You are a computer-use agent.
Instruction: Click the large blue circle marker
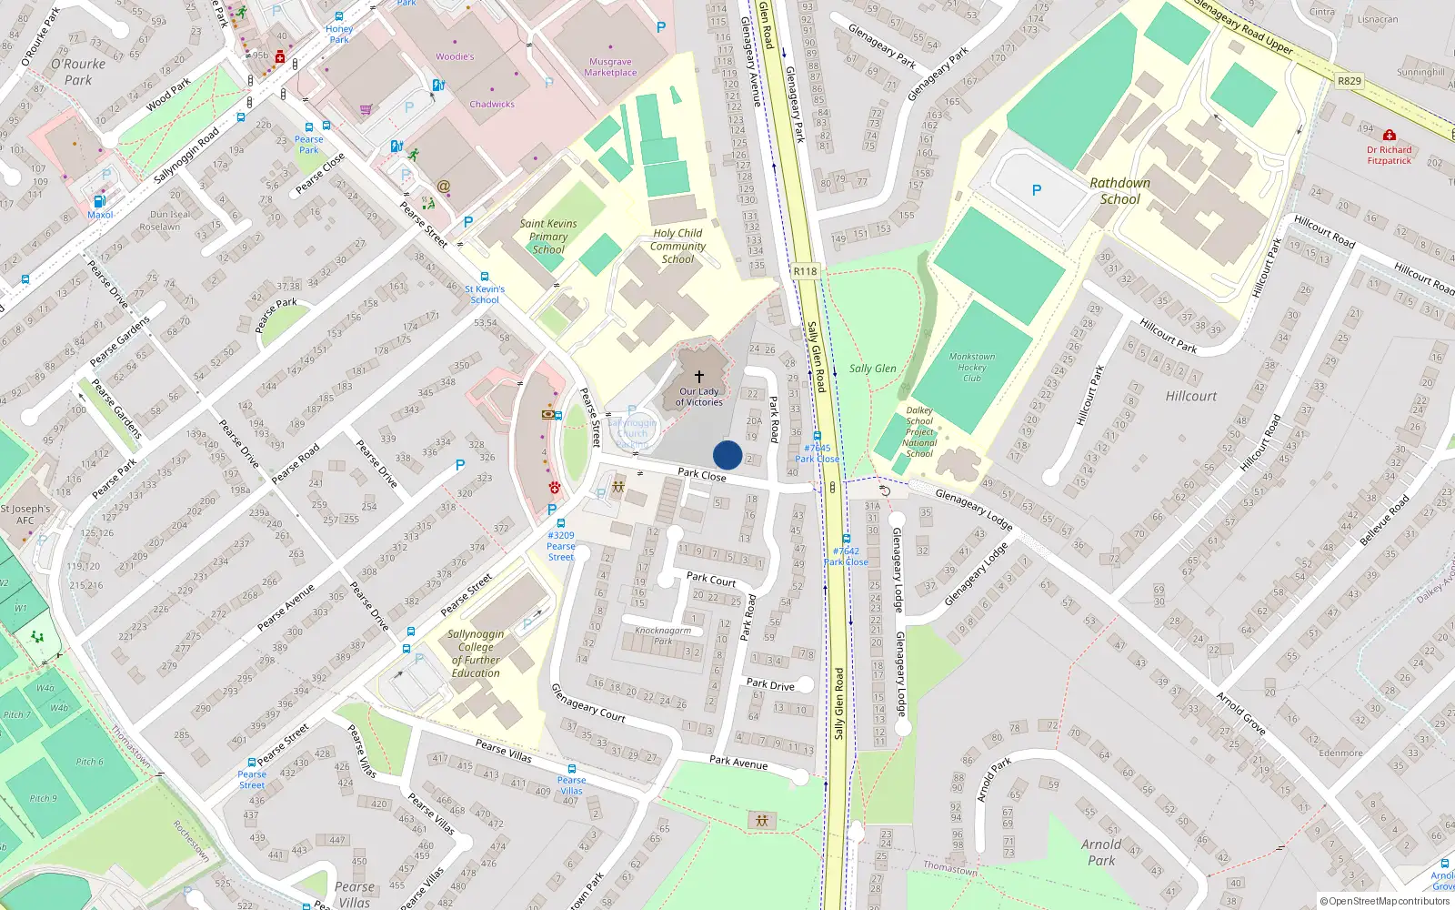(x=727, y=455)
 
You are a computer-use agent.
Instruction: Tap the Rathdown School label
(x=1119, y=191)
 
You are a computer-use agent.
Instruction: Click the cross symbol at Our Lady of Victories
(x=699, y=376)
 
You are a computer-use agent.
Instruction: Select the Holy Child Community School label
(x=677, y=246)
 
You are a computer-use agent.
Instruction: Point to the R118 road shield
(x=805, y=271)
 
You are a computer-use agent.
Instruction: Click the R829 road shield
(x=1350, y=81)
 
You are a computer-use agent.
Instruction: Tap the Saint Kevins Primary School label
(x=548, y=237)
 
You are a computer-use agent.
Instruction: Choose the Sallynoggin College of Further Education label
(x=476, y=653)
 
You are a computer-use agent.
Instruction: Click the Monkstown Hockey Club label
(x=971, y=368)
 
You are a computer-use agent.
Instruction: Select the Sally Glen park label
(x=872, y=369)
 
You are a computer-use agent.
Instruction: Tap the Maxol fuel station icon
(x=100, y=201)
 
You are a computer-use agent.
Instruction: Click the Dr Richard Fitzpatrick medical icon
(x=1389, y=136)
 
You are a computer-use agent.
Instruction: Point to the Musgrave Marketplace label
(x=610, y=67)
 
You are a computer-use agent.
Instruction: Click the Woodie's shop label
(x=455, y=56)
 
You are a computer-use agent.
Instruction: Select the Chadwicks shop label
(x=492, y=104)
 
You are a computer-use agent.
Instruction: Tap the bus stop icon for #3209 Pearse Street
(x=560, y=523)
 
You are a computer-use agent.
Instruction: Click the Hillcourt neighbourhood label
(x=1190, y=396)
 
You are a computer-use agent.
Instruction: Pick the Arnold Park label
(x=1101, y=852)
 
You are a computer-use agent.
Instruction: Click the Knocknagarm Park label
(x=663, y=635)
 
